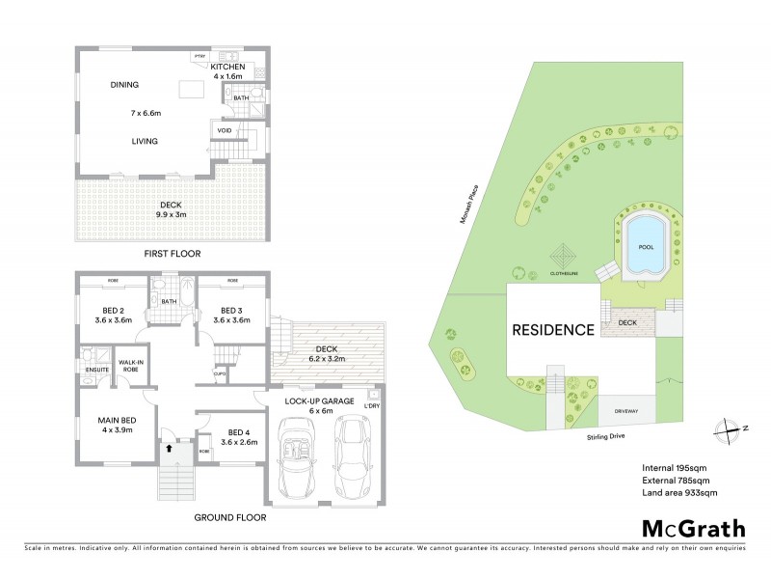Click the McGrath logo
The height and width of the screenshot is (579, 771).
tap(694, 528)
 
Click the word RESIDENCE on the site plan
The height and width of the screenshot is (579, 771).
tap(552, 330)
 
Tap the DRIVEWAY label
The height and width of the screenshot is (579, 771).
tap(627, 411)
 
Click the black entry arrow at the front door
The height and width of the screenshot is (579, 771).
tap(170, 448)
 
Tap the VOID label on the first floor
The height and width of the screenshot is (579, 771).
tap(224, 130)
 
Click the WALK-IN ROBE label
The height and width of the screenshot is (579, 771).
tap(130, 366)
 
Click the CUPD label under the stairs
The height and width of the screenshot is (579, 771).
tap(220, 373)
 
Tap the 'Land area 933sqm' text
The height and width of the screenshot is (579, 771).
tap(679, 493)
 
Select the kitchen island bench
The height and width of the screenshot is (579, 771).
tap(193, 90)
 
